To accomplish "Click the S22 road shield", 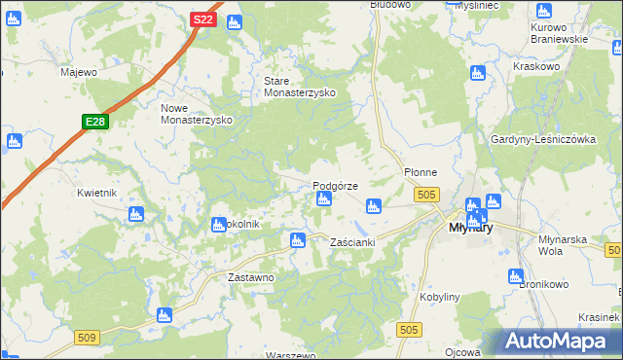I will tap(202, 19).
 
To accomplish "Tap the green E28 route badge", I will tap(93, 122).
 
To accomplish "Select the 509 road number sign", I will tap(86, 337).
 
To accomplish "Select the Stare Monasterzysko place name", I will tap(300, 87).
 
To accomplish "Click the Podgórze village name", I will tap(335, 185).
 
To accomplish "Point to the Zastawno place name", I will tap(249, 277).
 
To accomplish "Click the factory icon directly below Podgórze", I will tap(323, 199).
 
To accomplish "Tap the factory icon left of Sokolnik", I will tap(219, 225).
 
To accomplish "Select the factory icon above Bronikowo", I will tap(516, 276).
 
